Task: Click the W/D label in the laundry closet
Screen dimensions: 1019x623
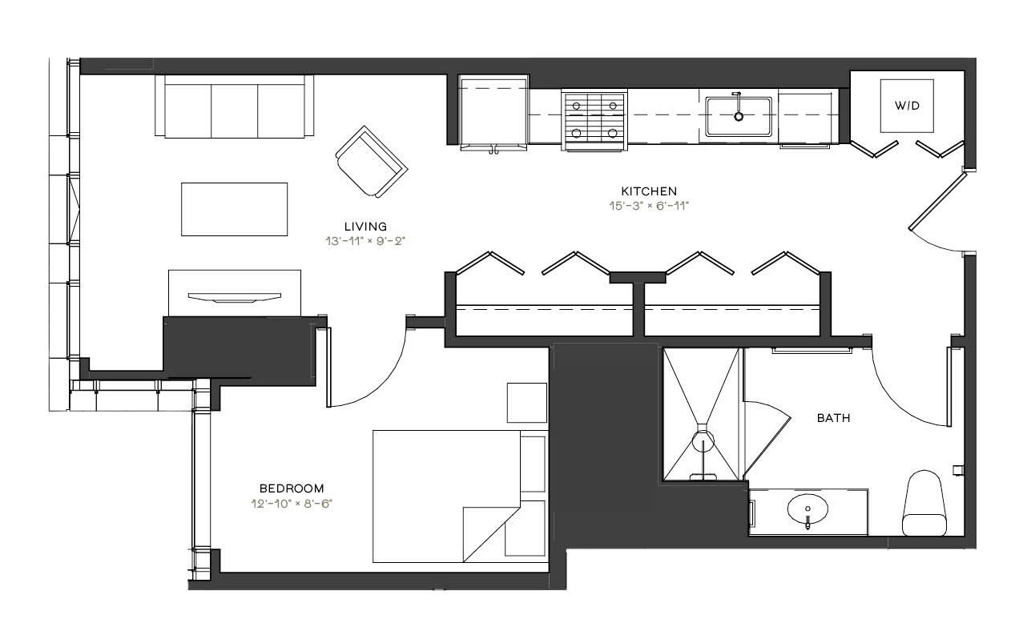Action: click(907, 106)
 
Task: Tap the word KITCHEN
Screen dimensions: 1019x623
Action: click(649, 191)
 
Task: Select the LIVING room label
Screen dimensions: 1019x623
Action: click(366, 227)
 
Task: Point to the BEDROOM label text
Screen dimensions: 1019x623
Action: click(292, 488)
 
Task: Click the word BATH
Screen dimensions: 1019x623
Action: click(833, 418)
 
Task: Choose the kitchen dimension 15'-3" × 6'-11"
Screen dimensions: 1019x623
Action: click(649, 206)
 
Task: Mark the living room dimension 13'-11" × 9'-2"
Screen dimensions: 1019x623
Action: click(365, 241)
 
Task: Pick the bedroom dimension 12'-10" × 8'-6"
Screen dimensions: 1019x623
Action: click(292, 504)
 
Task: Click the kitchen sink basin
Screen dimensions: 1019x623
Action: click(739, 116)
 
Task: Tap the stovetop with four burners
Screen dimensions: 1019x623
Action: click(594, 119)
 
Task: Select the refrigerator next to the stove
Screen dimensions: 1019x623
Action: click(493, 113)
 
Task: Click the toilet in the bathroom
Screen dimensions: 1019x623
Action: click(924, 503)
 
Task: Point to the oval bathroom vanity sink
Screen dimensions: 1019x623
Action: click(808, 509)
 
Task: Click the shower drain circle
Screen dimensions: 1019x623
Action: click(703, 441)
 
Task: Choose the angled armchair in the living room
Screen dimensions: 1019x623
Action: click(371, 162)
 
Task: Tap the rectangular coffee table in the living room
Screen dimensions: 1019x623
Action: click(234, 209)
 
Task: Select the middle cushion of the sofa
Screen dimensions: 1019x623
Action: click(234, 111)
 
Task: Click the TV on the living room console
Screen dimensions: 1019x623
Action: click(234, 298)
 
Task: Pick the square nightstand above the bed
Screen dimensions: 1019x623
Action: click(527, 403)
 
